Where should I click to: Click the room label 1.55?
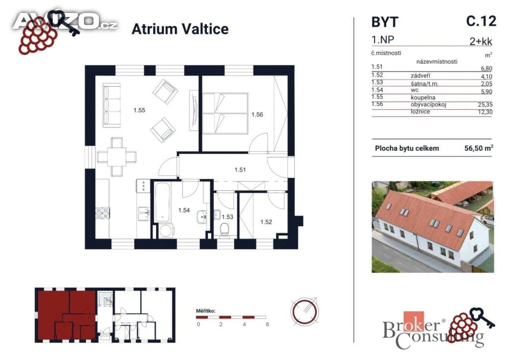[x=139, y=110]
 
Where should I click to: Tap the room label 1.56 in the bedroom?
[x=257, y=114]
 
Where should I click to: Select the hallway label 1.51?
[x=240, y=170]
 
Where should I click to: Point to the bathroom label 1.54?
[x=184, y=210]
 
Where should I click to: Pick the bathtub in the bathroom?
[x=163, y=202]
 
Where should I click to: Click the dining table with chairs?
[x=117, y=157]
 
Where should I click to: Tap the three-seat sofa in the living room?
[x=112, y=105]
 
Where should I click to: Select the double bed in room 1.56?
[x=226, y=113]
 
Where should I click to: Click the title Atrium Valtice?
[x=180, y=29]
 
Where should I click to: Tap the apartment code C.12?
[x=481, y=21]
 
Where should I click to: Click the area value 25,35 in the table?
[x=485, y=104]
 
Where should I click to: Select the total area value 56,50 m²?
[x=479, y=148]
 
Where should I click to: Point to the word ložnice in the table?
[x=421, y=112]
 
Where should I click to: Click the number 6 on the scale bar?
[x=267, y=324]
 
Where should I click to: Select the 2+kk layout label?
[x=481, y=42]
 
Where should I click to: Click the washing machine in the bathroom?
[x=167, y=231]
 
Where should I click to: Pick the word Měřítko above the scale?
[x=205, y=311]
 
